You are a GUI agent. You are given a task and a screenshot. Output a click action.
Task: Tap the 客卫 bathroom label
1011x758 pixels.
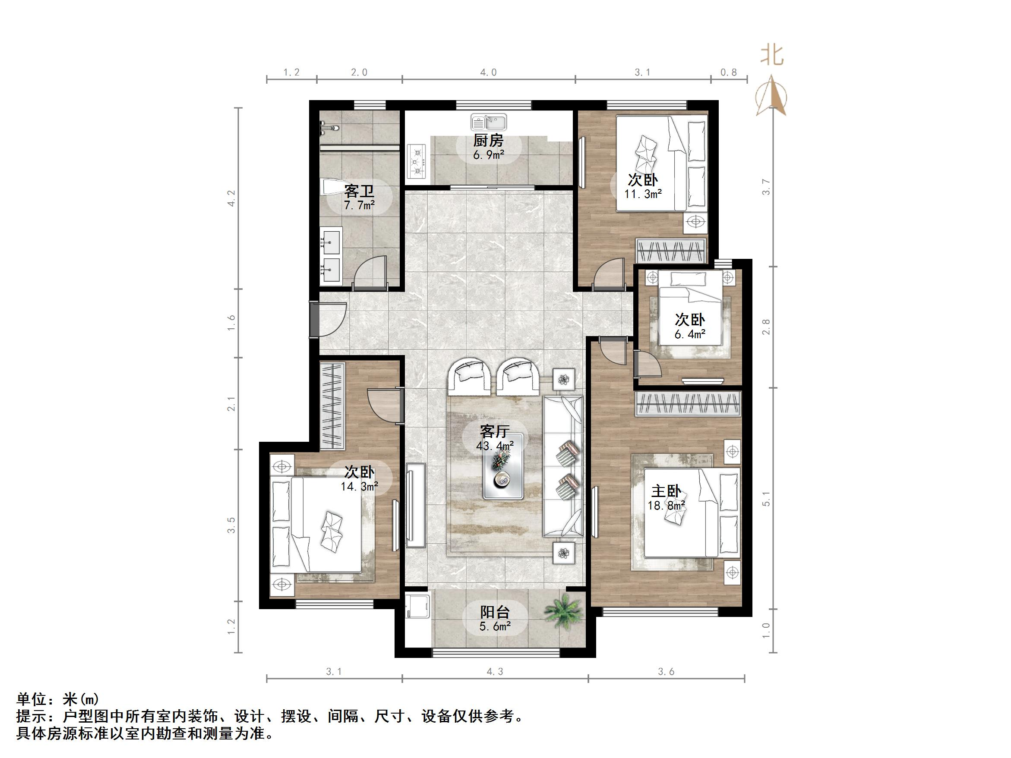359,191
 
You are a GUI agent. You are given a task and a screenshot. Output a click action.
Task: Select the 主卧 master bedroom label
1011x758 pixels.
666,491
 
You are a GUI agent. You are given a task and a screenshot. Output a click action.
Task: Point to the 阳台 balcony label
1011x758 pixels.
495,612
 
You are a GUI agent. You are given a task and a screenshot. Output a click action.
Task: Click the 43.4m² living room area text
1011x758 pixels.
495,446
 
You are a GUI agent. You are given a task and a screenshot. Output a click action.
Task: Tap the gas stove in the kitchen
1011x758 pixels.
417,161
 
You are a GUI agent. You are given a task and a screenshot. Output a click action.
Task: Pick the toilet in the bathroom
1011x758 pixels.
333,187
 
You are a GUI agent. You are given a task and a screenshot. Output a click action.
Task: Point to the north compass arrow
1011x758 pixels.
771,97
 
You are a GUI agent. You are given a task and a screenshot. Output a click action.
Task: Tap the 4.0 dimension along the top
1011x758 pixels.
488,72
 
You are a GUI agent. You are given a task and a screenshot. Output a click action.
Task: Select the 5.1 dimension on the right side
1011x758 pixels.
767,498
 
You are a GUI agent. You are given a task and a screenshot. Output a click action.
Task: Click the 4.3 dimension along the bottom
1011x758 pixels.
495,672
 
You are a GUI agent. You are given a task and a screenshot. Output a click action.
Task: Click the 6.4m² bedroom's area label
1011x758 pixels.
690,334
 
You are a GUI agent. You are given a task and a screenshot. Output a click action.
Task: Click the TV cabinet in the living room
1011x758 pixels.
415,505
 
